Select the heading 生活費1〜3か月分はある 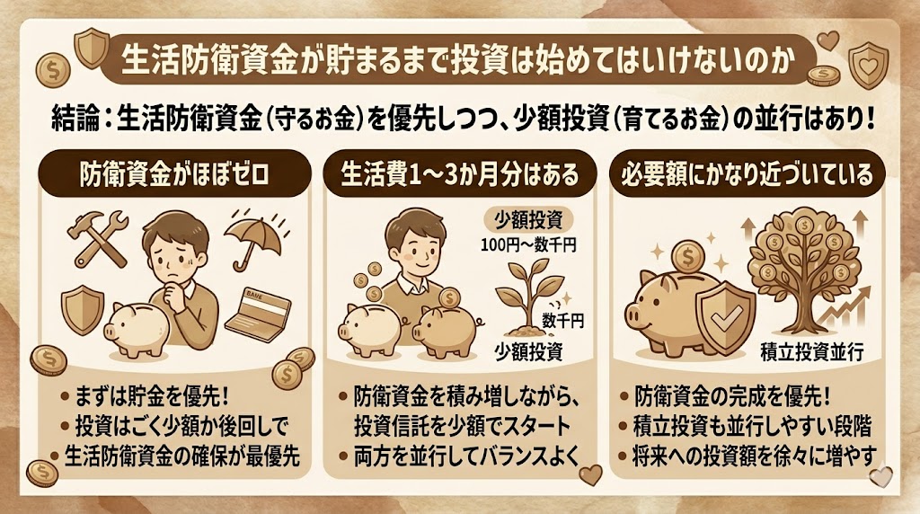coord(459,174)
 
